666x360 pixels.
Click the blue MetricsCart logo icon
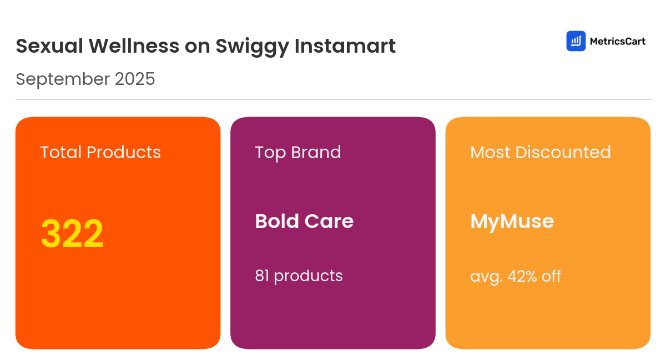click(x=576, y=41)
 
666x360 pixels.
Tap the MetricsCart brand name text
click(x=617, y=41)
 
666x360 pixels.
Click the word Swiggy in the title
click(x=251, y=47)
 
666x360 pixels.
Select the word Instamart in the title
click(x=345, y=46)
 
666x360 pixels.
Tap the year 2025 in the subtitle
click(x=135, y=79)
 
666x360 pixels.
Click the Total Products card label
click(x=100, y=153)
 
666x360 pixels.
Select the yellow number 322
click(x=72, y=234)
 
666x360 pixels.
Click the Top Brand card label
click(x=297, y=153)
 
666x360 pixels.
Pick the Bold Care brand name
click(x=304, y=221)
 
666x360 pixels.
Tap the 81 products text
click(x=299, y=276)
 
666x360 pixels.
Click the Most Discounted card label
click(x=540, y=153)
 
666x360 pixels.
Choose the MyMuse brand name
click(x=512, y=221)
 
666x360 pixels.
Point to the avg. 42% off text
click(x=516, y=276)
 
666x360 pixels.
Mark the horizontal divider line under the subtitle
click(x=333, y=100)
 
